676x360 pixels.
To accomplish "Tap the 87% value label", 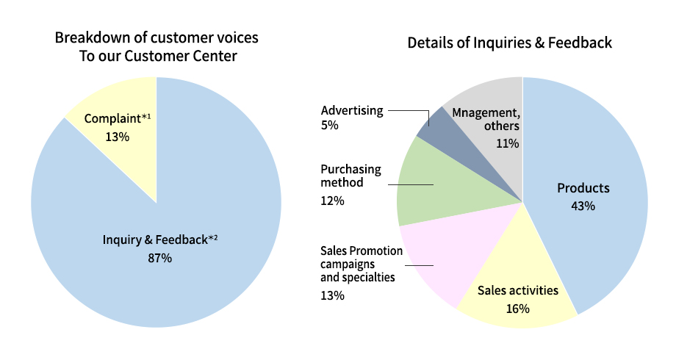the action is (160, 258).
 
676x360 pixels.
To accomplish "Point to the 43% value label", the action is (583, 206).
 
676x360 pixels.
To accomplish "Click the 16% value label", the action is (518, 309).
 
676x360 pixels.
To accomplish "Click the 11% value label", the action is (508, 143).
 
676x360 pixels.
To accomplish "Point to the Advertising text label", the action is (352, 110).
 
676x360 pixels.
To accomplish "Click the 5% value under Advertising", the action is (330, 125).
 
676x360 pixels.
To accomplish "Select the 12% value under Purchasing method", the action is (332, 201).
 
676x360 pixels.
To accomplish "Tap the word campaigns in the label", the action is (348, 264).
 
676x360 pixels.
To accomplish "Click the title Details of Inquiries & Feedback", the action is (510, 43).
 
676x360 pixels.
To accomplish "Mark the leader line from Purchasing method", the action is (411, 184).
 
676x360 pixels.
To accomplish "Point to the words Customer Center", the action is (181, 56).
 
